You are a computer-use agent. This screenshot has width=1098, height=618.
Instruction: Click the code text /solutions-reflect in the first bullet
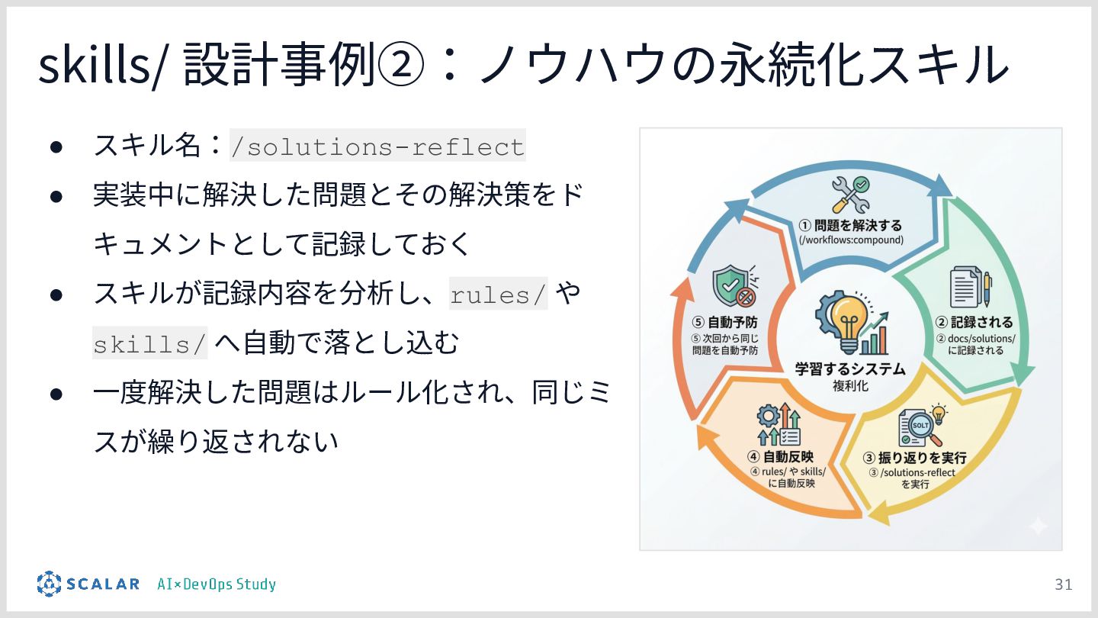pyautogui.click(x=377, y=146)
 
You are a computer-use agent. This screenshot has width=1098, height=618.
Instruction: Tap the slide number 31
pyautogui.click(x=1063, y=584)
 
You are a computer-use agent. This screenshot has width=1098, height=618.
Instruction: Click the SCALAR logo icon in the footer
pyautogui.click(x=49, y=584)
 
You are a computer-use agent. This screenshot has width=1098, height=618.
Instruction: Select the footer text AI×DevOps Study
pyautogui.click(x=216, y=584)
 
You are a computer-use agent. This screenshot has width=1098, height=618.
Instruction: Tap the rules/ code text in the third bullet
pyautogui.click(x=499, y=295)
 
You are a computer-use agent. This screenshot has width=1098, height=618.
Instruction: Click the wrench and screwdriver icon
pyautogui.click(x=849, y=195)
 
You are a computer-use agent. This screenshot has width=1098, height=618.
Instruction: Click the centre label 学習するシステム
pyautogui.click(x=850, y=369)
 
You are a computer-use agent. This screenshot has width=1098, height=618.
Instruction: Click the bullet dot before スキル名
pyautogui.click(x=56, y=146)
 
